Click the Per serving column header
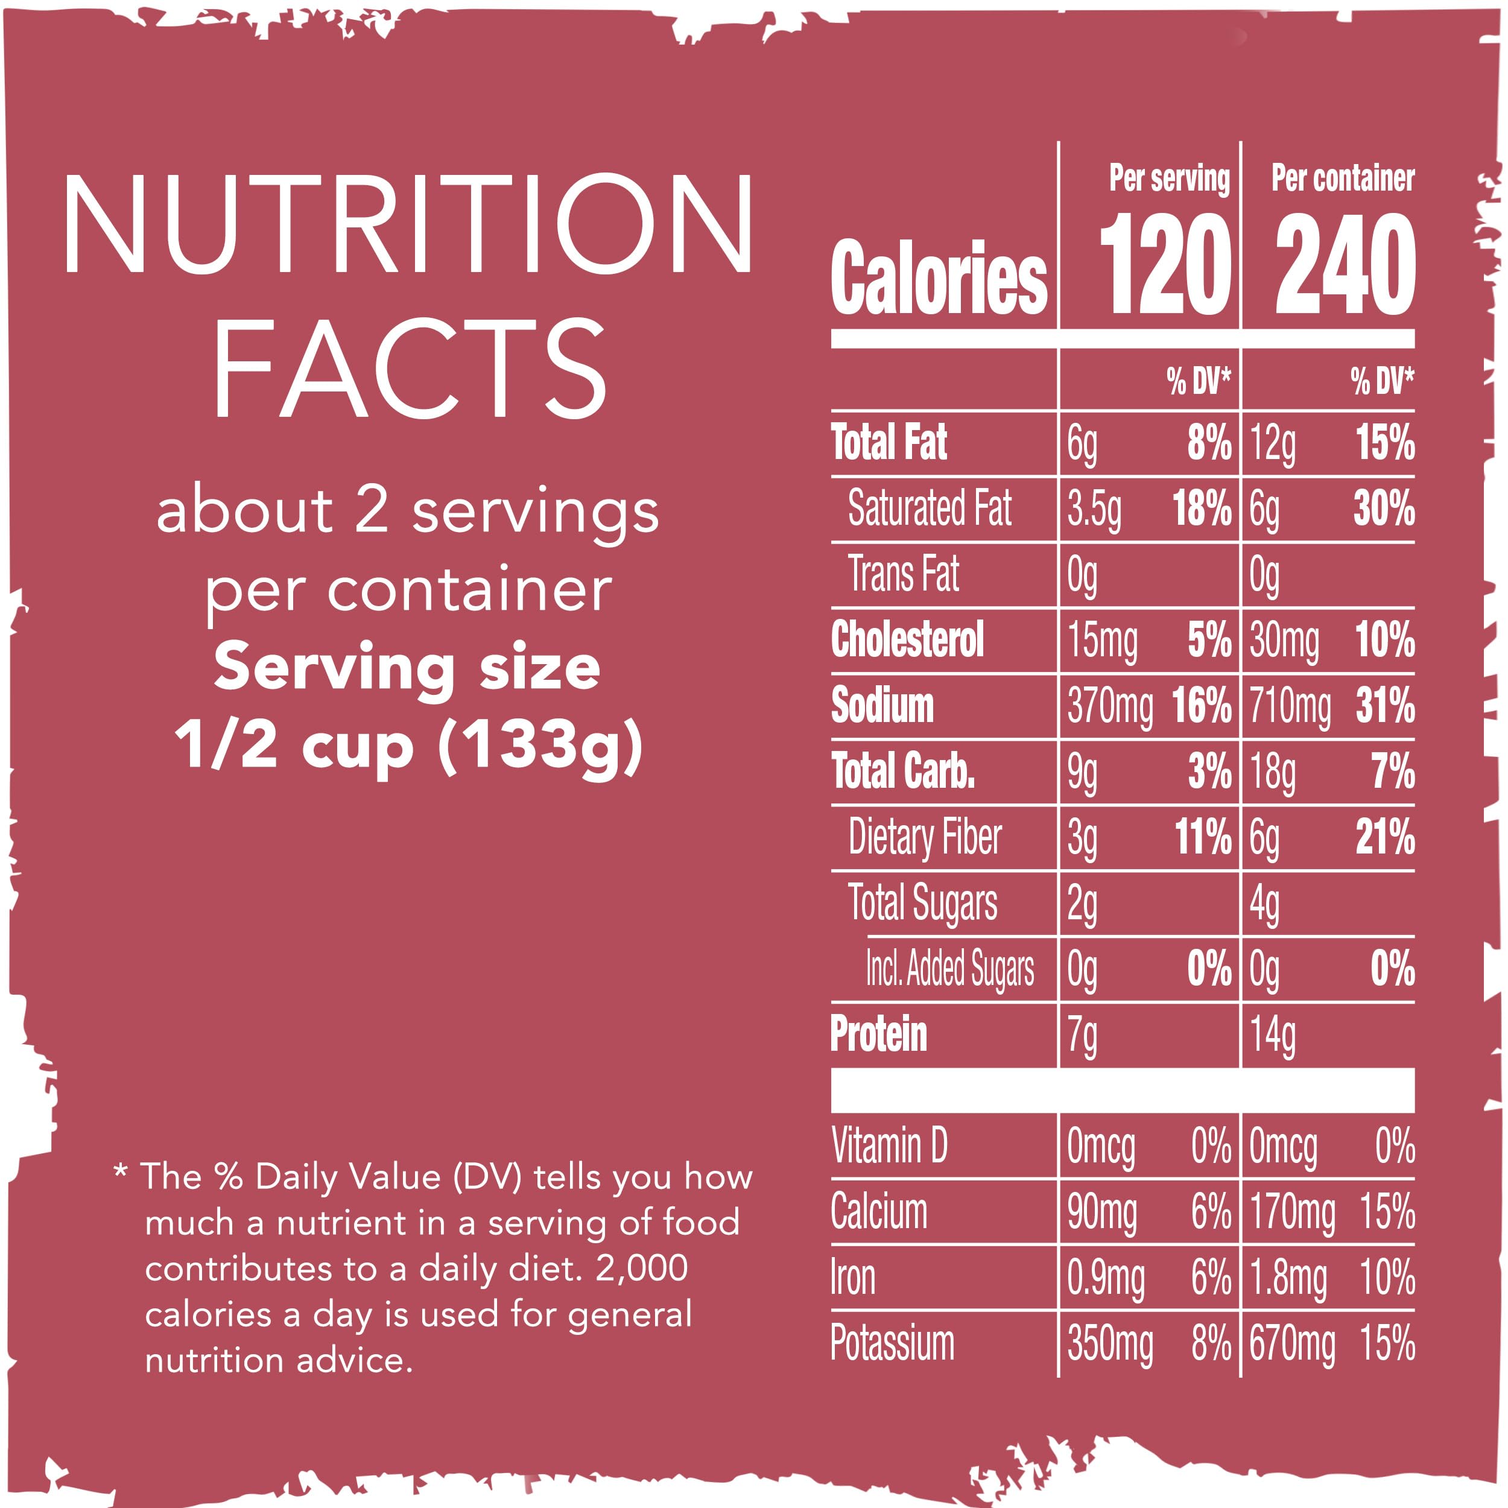pyautogui.click(x=1168, y=179)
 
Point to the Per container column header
pyautogui.click(x=1343, y=179)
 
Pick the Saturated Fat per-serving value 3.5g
pyautogui.click(x=1094, y=510)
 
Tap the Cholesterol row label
pyautogui.click(x=907, y=640)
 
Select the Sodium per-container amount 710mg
pyautogui.click(x=1290, y=706)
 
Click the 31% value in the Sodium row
pyautogui.click(x=1385, y=706)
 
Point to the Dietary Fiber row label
pyautogui.click(x=924, y=837)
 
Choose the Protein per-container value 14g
pyautogui.click(x=1272, y=1035)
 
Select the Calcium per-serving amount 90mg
pyautogui.click(x=1101, y=1213)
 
